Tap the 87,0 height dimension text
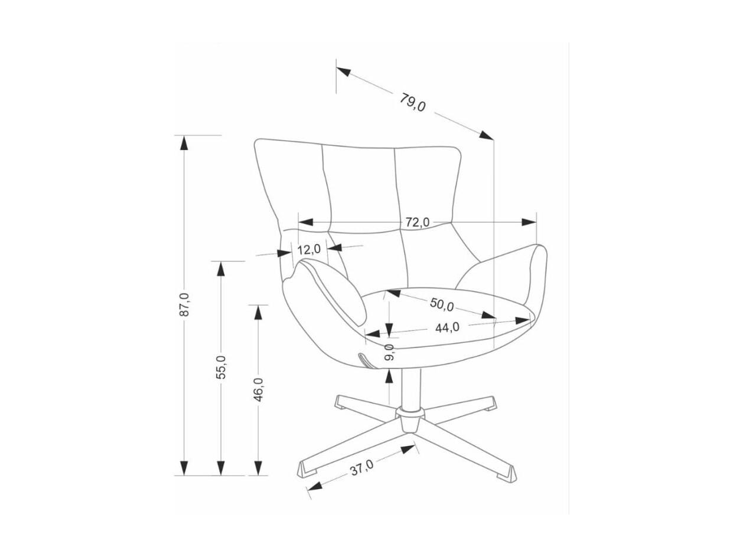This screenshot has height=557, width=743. point(184,304)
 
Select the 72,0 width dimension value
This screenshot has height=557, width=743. point(417,222)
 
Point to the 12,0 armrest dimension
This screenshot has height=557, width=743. point(309,250)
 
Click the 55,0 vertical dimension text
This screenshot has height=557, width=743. point(220,367)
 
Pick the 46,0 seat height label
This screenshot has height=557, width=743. point(258,390)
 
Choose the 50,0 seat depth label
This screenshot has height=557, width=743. point(441,304)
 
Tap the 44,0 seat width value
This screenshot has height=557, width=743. point(447,327)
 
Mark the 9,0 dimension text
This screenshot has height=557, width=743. point(389,352)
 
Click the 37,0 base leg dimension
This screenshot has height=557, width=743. point(361,470)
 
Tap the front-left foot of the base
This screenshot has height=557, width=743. point(307,470)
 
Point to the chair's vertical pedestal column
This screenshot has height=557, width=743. point(408,386)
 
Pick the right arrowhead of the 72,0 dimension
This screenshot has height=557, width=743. point(529,222)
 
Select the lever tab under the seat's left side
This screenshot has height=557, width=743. point(366,360)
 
